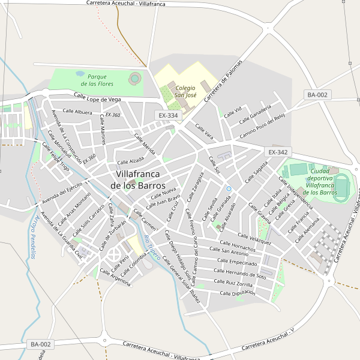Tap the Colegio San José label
[x=185, y=91]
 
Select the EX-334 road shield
[x=169, y=115]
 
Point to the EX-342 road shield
[x=279, y=152]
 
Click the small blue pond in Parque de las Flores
[x=80, y=74]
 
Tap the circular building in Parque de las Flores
[x=135, y=77]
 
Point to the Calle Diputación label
[x=238, y=293]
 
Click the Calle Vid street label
[x=232, y=112]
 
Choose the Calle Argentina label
[x=116, y=279]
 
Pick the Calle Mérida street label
[x=145, y=143]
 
